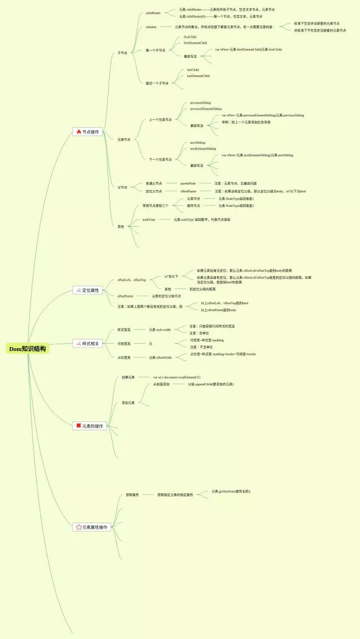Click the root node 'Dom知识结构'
[28, 349]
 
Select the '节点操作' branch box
[88, 132]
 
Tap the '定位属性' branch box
[88, 290]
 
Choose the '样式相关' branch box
[88, 344]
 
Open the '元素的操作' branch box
[90, 426]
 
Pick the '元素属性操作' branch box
[92, 527]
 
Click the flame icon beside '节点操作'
[79, 132]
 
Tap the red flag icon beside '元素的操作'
[79, 426]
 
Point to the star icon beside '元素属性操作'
[79, 527]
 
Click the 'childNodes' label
[153, 13]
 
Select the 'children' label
[151, 26]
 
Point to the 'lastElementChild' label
[198, 76]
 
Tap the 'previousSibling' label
[200, 103]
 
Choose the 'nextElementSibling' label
[202, 149]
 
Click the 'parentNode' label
[188, 183]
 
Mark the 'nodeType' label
[148, 219]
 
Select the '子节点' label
[122, 53]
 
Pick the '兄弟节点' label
[124, 139]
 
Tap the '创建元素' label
[128, 377]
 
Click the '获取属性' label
[132, 495]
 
